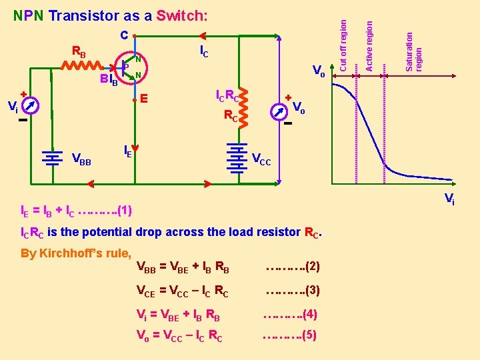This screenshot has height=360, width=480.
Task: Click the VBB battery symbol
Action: coord(51,158)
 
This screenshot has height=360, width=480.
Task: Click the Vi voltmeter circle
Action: coord(30,105)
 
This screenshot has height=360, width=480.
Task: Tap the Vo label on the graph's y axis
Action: coord(319,71)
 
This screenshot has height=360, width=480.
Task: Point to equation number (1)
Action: coord(125,211)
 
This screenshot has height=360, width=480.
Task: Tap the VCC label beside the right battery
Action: coord(262,159)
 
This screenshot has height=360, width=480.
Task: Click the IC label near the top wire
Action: coord(204,51)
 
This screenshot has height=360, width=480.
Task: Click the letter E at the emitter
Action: coord(143,99)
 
